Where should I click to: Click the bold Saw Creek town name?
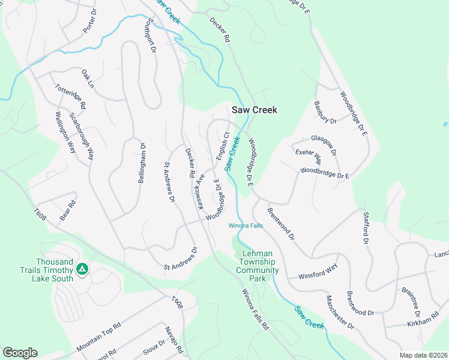(x=255, y=110)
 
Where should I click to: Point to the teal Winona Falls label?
(x=246, y=226)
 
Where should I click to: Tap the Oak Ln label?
(x=88, y=79)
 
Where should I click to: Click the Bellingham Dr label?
(x=143, y=163)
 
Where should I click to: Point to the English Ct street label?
(x=223, y=146)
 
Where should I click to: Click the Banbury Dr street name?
(x=325, y=112)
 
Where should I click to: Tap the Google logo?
(x=20, y=353)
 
